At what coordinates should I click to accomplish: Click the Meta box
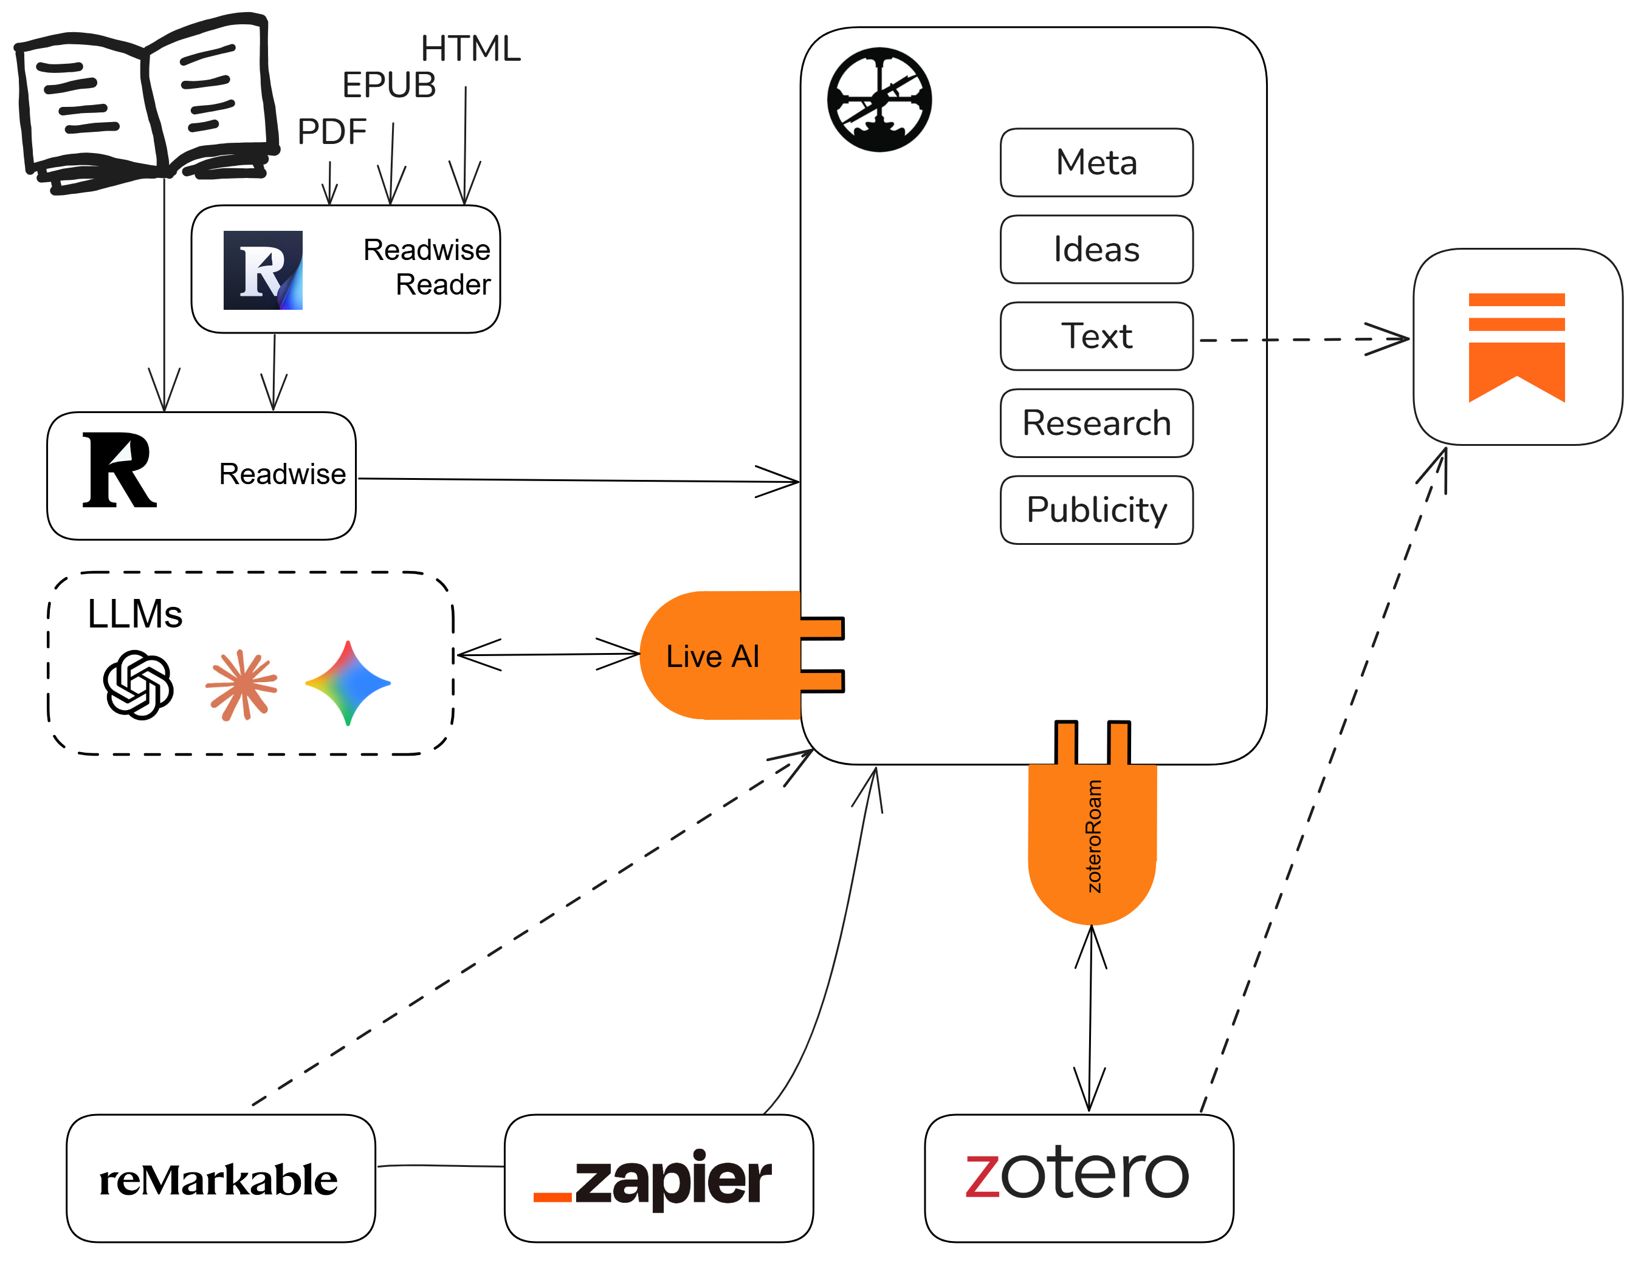pos(1096,163)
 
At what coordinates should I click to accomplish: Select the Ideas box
pos(1096,249)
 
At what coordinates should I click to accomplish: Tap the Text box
pos(1096,336)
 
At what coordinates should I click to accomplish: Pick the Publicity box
pos(1096,510)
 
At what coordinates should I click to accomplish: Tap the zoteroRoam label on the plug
pos(1093,836)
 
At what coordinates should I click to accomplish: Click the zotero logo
pos(1077,1173)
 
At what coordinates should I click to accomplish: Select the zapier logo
pos(652,1178)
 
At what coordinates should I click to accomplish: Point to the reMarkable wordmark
pos(218,1180)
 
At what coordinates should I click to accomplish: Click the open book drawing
pos(146,103)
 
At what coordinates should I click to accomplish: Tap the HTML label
pos(470,49)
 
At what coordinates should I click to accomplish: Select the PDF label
pos(331,132)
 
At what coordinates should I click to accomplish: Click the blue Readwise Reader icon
pos(263,270)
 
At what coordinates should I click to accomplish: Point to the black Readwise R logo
pos(119,470)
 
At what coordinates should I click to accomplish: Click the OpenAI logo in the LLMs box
pos(139,685)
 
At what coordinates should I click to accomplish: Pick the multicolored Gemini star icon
pos(347,683)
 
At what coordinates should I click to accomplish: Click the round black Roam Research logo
pos(879,100)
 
